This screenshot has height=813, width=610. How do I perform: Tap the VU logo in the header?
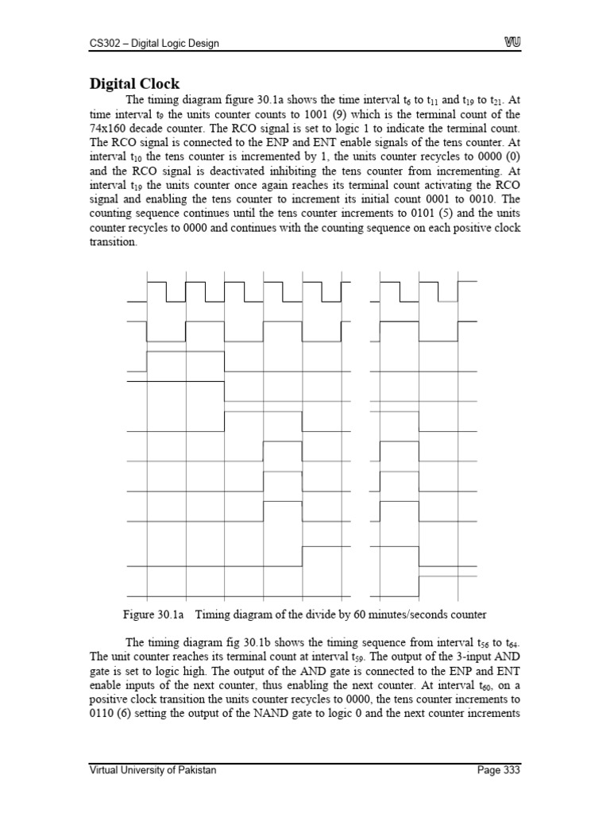click(511, 43)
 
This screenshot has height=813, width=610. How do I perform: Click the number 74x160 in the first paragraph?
click(107, 128)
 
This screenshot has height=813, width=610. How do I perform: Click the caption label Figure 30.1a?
click(153, 615)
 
